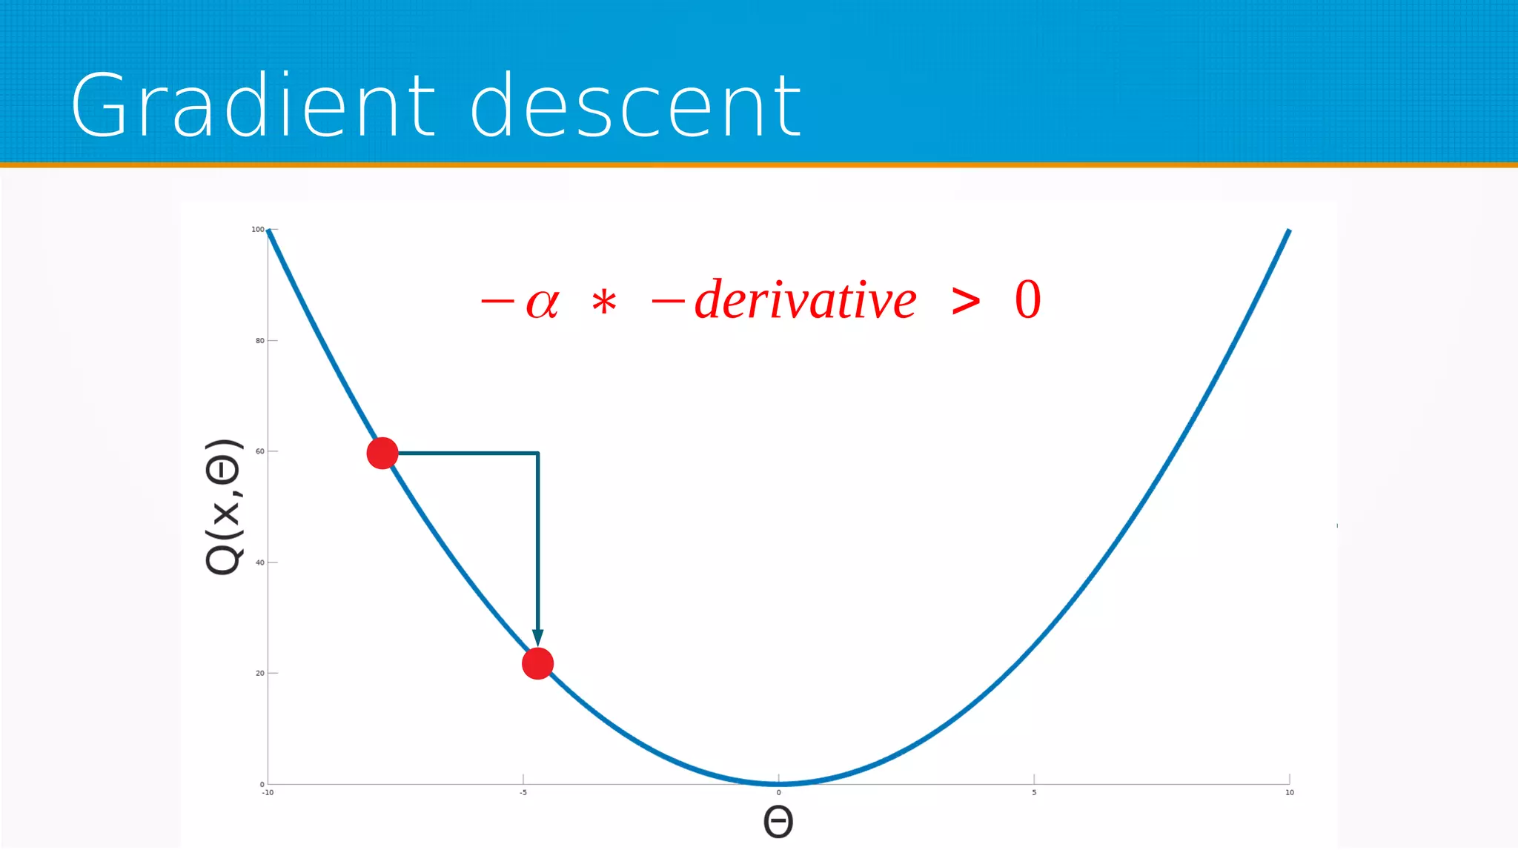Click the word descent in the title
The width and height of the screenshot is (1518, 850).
tap(636, 105)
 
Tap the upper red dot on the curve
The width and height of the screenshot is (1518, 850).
tap(382, 453)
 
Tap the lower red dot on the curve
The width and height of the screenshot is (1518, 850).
tap(537, 663)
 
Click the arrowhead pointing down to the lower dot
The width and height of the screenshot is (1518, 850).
tap(538, 637)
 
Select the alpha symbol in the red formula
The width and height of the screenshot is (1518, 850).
tap(543, 303)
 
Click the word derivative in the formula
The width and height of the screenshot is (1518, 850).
tap(806, 300)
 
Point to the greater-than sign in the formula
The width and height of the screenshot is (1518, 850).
tap(966, 302)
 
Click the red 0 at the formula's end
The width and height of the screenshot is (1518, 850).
tap(1028, 300)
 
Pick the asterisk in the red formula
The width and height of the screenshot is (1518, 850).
tap(604, 303)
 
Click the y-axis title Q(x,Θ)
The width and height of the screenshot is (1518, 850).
tap(224, 507)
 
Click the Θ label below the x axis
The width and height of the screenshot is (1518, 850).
tap(778, 822)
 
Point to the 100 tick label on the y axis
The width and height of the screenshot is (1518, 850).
tap(257, 230)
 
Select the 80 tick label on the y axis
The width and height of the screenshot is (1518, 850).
tap(259, 341)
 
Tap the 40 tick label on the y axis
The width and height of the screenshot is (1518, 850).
tap(259, 562)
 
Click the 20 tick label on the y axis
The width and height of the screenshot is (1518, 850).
tap(259, 674)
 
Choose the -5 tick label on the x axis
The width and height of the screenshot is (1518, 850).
tap(523, 793)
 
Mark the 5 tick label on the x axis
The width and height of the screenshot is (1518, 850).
tap(1034, 793)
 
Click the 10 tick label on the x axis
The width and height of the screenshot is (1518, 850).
tap(1290, 793)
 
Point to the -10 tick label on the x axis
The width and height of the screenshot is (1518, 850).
tap(268, 793)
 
